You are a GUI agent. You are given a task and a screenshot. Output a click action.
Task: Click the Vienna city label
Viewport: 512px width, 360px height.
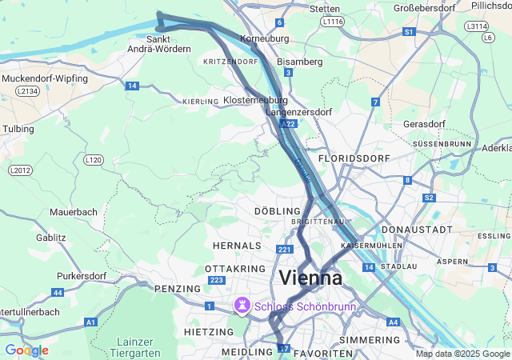coord(311,278)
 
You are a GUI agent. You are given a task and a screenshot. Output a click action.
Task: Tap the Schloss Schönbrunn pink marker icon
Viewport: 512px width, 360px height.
coord(241,306)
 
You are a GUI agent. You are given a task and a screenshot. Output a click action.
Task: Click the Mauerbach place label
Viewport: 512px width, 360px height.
coord(73,212)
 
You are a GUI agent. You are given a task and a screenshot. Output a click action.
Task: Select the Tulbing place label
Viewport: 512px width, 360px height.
coord(18,128)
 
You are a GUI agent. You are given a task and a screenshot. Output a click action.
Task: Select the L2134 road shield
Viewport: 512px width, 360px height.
coord(26,92)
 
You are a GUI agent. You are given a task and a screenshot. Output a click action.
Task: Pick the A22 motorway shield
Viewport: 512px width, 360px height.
coord(289,125)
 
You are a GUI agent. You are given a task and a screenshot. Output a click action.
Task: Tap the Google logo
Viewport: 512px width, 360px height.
coord(26,350)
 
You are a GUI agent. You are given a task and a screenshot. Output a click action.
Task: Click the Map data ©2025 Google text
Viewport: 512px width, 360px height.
coord(462,354)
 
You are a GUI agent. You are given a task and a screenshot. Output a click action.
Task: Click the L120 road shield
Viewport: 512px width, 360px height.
coord(94,160)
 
